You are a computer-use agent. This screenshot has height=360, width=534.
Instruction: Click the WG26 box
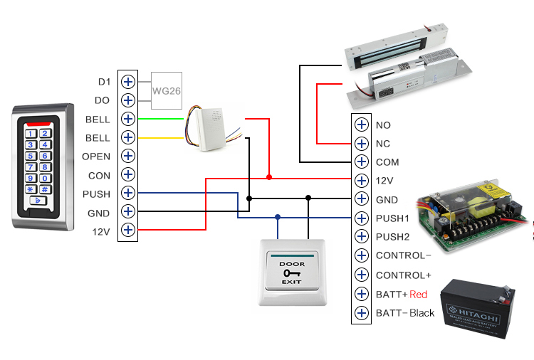point(166,90)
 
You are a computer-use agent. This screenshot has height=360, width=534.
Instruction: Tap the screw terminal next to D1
point(128,81)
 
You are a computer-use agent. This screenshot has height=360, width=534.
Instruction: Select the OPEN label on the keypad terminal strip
point(96,156)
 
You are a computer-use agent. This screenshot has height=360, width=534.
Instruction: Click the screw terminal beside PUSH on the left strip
point(128,193)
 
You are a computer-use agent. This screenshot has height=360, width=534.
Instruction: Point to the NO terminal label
point(383,125)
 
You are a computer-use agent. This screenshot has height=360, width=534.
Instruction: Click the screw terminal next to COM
point(362,162)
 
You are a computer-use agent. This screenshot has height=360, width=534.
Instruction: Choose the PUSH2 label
point(393,237)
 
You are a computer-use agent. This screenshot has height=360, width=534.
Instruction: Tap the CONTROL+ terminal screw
point(362,275)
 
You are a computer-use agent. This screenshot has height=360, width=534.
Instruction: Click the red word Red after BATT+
point(419,294)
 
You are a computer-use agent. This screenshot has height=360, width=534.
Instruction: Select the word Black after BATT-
point(422,313)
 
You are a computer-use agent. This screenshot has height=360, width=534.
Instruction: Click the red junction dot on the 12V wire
point(269,176)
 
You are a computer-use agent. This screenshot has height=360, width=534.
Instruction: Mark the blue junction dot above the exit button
point(278,218)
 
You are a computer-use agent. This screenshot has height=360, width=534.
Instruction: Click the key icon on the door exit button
point(292,272)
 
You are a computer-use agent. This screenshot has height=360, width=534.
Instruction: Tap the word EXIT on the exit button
point(292,282)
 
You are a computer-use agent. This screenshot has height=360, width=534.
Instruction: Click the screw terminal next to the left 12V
point(128,230)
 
